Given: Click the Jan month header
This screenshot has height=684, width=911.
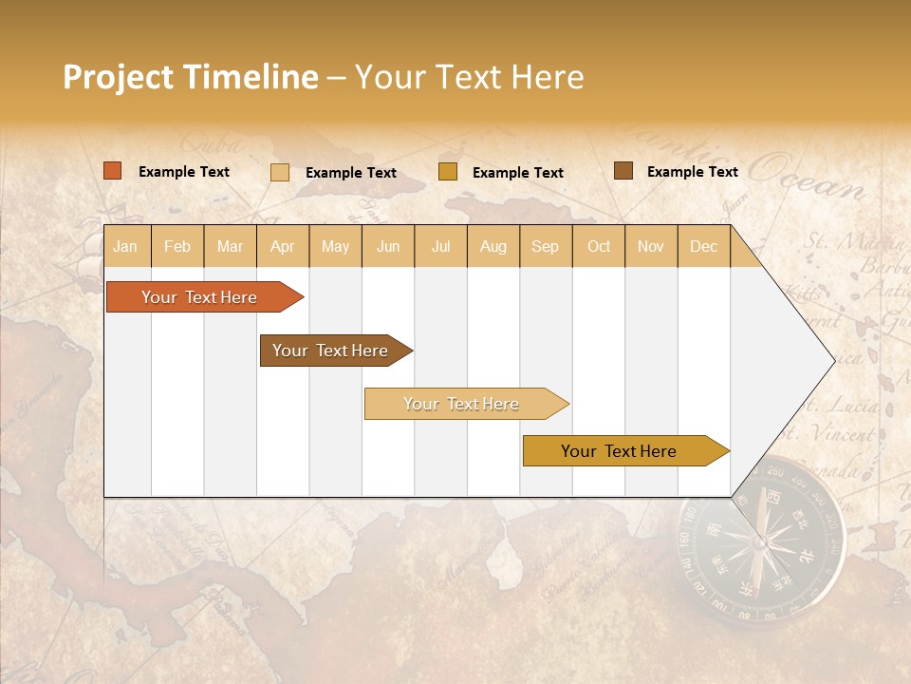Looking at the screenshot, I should click(x=125, y=246).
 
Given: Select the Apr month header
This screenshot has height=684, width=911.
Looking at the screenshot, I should click(x=282, y=246).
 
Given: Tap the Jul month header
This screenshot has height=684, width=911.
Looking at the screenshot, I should click(x=440, y=246).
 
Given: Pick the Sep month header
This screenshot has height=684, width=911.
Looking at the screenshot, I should click(x=545, y=246).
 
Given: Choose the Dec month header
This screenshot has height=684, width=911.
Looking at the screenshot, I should click(x=703, y=246).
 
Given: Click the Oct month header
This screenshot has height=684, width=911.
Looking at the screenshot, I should click(x=598, y=246).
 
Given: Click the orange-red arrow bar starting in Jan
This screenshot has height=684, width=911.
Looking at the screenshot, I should click(x=199, y=297).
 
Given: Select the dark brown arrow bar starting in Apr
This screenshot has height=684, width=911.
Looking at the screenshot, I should click(x=330, y=351).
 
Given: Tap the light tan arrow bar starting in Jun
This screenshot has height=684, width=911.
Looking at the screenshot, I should click(x=461, y=404).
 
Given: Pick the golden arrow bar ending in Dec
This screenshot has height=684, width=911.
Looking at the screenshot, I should click(x=619, y=451).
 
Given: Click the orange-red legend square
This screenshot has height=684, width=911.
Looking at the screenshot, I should click(x=112, y=171).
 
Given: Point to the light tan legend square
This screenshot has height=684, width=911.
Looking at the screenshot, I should click(x=279, y=172).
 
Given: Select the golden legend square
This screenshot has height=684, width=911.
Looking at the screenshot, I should click(x=447, y=171).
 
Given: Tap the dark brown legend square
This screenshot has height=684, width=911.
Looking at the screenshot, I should click(x=623, y=170).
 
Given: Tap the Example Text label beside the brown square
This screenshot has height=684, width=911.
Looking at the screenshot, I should click(x=692, y=171).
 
